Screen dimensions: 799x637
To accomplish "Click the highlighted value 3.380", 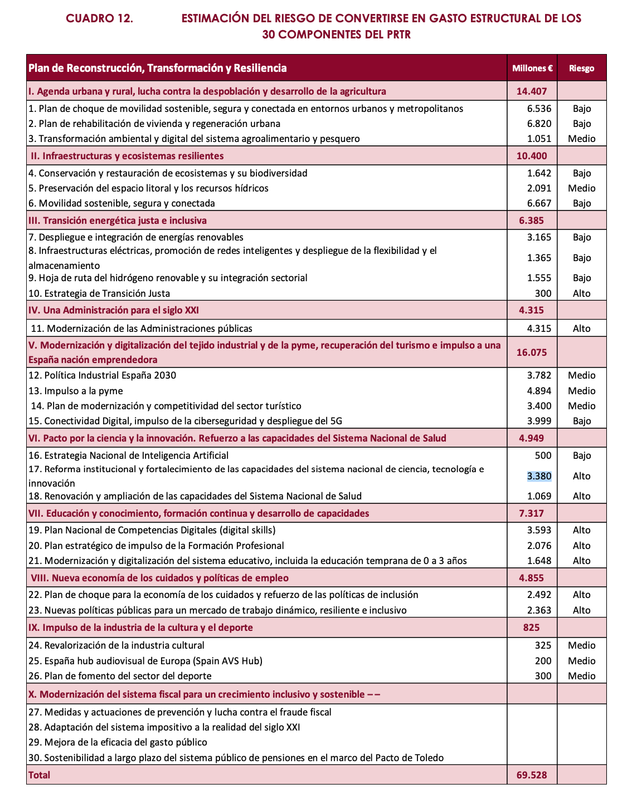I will click(x=539, y=476).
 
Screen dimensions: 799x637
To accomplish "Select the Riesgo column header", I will click(x=581, y=68).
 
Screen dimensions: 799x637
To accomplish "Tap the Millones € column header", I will click(x=532, y=68).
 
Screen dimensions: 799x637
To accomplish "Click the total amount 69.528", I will click(x=532, y=775).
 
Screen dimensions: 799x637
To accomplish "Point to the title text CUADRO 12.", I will click(x=99, y=18).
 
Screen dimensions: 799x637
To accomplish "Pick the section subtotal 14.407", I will click(x=532, y=91).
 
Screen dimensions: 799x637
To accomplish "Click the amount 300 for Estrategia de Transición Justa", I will click(x=543, y=293).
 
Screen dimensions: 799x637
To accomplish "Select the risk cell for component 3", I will click(x=581, y=139).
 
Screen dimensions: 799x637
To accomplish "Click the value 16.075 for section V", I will click(x=532, y=352).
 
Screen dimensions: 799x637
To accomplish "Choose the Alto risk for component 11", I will click(x=581, y=329).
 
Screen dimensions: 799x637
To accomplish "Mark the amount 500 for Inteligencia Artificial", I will click(x=543, y=455).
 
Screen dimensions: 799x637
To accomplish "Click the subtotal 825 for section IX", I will click(x=532, y=628).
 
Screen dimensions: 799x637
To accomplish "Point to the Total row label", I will click(x=39, y=775).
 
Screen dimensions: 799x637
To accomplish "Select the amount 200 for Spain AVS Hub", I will click(x=543, y=661).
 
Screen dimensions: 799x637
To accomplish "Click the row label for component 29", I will click(x=118, y=742).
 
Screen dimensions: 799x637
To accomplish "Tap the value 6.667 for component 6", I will click(x=539, y=203).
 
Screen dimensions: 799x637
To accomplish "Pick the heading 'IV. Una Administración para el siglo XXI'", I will click(x=114, y=310).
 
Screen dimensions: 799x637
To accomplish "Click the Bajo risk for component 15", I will click(x=581, y=421).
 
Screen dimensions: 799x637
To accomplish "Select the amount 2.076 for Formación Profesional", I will click(x=539, y=546).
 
